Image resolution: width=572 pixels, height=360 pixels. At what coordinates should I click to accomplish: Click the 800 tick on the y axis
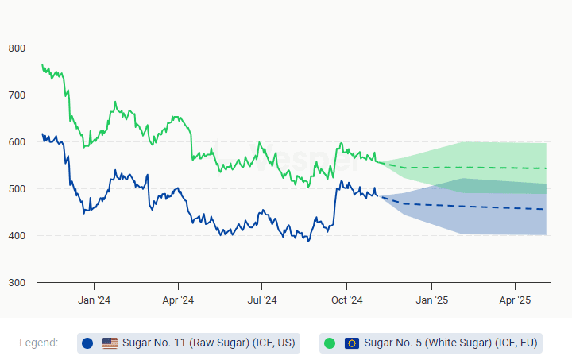17,48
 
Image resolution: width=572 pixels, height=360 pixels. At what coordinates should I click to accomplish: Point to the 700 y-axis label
17,95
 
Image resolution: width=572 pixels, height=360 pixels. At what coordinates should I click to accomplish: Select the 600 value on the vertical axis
17,142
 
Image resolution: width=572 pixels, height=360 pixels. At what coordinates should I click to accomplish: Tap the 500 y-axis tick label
17,189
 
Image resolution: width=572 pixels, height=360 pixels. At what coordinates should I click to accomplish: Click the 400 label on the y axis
17,236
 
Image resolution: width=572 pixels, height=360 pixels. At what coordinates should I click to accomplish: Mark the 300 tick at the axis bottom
17,283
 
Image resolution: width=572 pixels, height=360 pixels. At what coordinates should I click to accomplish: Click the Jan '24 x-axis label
94,300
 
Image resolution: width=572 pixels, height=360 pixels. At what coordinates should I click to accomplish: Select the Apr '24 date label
178,300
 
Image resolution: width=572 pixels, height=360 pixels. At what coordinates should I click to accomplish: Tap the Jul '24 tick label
262,300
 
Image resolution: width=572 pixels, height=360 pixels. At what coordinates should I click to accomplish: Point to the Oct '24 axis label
346,300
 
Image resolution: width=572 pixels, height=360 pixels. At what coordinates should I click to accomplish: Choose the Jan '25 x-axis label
431,300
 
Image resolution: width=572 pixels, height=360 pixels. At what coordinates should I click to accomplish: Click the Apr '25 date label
515,300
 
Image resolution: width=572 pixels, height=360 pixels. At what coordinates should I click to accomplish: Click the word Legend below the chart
38,343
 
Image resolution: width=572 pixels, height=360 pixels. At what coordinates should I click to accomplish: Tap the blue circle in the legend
87,343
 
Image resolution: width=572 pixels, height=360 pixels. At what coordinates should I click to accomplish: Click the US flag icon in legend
110,343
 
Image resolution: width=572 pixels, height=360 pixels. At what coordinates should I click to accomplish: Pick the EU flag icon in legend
352,343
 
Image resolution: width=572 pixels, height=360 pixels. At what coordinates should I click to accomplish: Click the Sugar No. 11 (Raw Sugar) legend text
208,343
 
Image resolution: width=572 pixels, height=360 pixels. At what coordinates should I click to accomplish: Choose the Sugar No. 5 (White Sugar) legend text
450,343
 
